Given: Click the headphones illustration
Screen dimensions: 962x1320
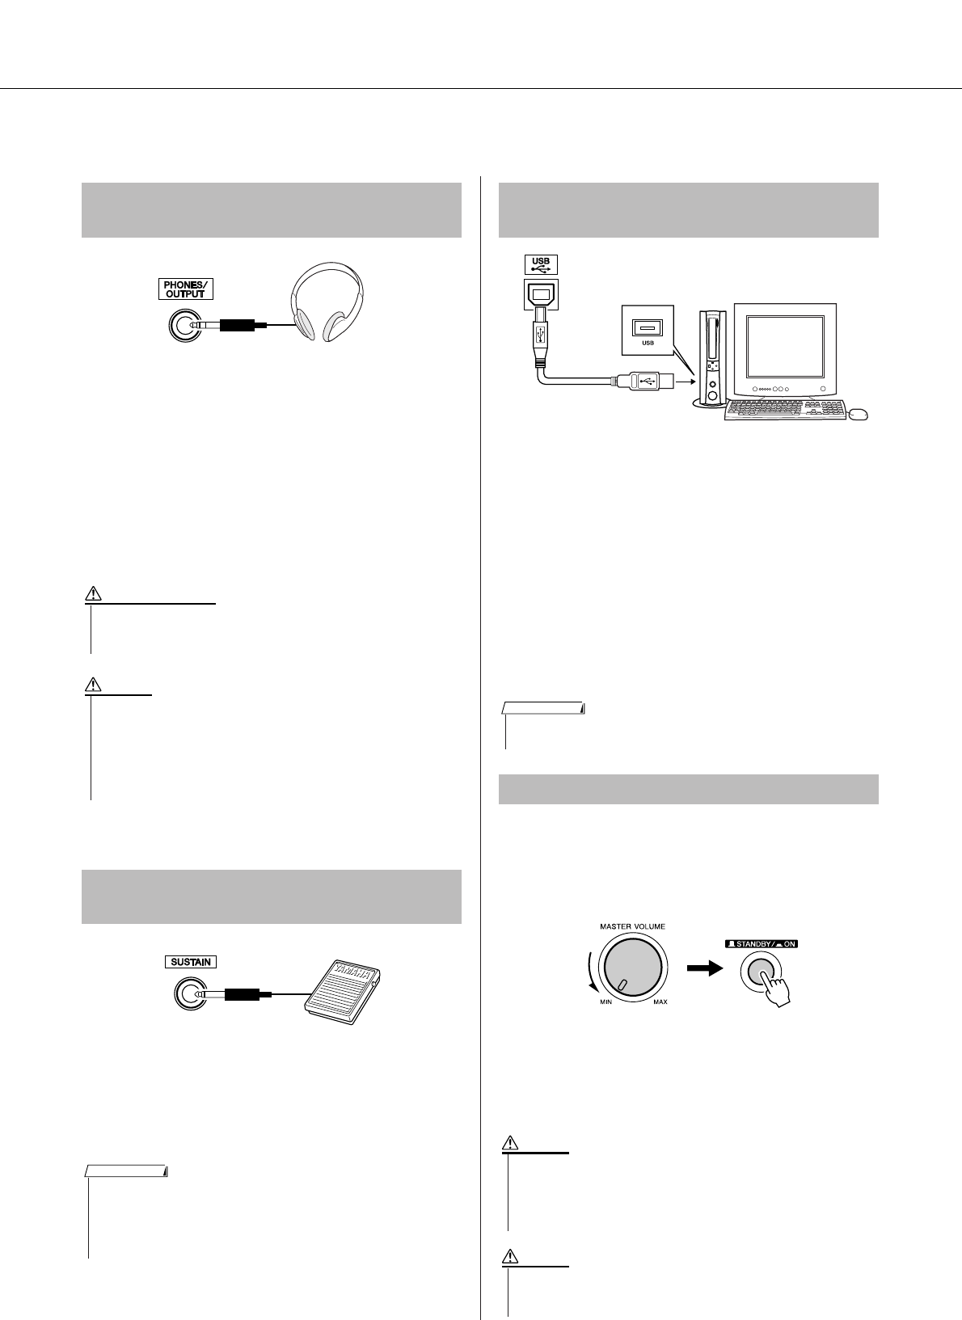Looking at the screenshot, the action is (327, 302).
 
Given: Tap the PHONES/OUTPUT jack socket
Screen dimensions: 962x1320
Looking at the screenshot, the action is (182, 325).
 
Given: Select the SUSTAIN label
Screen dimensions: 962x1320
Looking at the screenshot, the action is (191, 962).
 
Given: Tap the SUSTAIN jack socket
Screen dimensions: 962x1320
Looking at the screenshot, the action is (190, 995).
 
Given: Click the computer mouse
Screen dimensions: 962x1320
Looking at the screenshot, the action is (859, 415).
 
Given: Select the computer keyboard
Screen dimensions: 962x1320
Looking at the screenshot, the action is (783, 411).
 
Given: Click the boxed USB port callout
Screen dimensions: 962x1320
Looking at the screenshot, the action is (647, 330).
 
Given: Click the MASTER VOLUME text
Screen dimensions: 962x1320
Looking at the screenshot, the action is (632, 926).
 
